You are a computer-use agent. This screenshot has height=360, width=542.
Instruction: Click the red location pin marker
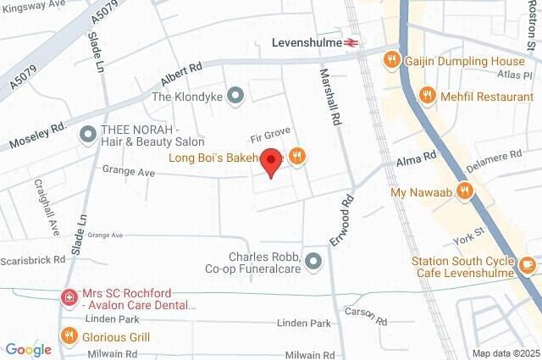click(x=270, y=162)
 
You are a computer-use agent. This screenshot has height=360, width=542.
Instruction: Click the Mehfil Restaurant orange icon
click(x=429, y=96)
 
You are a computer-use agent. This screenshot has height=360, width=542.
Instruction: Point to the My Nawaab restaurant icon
click(x=463, y=191)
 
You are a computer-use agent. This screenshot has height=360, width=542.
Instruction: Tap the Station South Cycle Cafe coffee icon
click(x=528, y=266)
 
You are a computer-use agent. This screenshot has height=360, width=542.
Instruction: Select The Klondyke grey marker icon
click(x=236, y=97)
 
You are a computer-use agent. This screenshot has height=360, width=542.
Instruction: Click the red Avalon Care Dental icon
click(x=69, y=297)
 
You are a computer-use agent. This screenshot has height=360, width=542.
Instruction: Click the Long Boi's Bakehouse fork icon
click(x=296, y=155)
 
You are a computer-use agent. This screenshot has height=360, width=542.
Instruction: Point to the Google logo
click(x=28, y=349)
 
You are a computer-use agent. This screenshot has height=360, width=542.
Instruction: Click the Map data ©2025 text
click(x=505, y=353)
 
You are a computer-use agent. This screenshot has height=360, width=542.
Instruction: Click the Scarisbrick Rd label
click(x=34, y=260)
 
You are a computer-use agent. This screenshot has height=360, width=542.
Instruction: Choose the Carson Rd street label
click(x=366, y=318)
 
